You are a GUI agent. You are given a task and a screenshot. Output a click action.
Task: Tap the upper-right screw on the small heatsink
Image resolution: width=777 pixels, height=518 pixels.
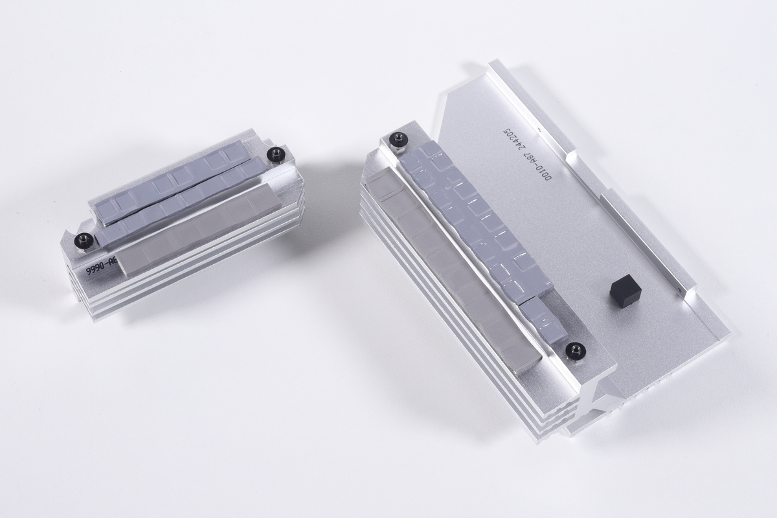pos(277,154)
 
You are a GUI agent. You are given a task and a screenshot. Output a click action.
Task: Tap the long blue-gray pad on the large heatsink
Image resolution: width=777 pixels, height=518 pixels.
pos(476,220)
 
